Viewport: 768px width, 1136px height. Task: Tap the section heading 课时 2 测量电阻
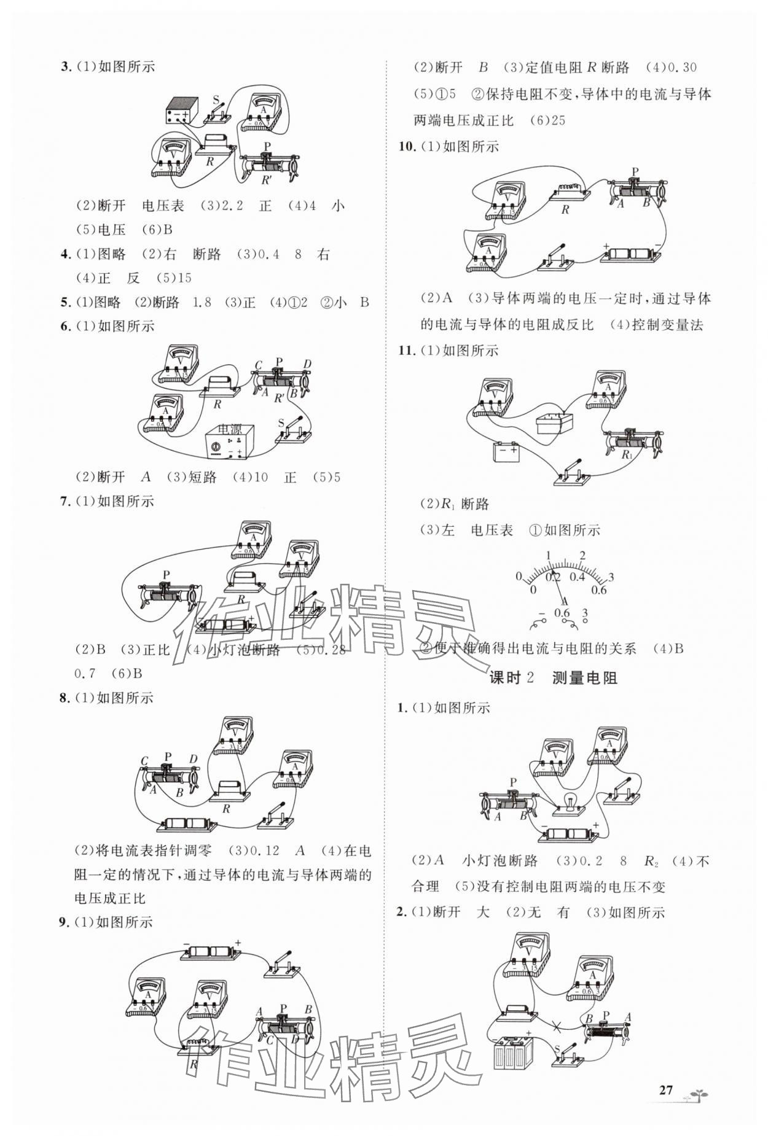coord(553,678)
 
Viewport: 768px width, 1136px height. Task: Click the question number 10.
coord(407,147)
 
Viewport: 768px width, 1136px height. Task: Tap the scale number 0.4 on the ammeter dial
coord(577,577)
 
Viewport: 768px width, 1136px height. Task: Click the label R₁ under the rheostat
coord(627,455)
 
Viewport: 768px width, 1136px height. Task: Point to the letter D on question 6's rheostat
coord(307,365)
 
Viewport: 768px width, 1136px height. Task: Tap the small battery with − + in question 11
coord(507,453)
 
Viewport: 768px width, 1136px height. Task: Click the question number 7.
coord(66,501)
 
